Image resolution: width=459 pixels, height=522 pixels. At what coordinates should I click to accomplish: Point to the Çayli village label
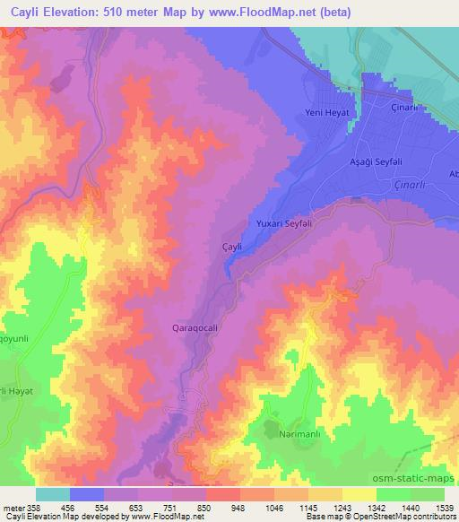coord(232,245)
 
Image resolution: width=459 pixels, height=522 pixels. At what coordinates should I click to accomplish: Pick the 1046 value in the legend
coord(273,507)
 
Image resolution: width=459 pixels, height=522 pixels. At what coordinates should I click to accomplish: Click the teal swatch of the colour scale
coord(52,494)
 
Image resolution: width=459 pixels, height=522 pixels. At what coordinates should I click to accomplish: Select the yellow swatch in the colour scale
coord(359,494)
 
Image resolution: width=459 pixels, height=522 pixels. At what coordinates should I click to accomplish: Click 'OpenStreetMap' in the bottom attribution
coord(394,517)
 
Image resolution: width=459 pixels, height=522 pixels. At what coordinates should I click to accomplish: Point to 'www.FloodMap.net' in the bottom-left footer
coord(166,517)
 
